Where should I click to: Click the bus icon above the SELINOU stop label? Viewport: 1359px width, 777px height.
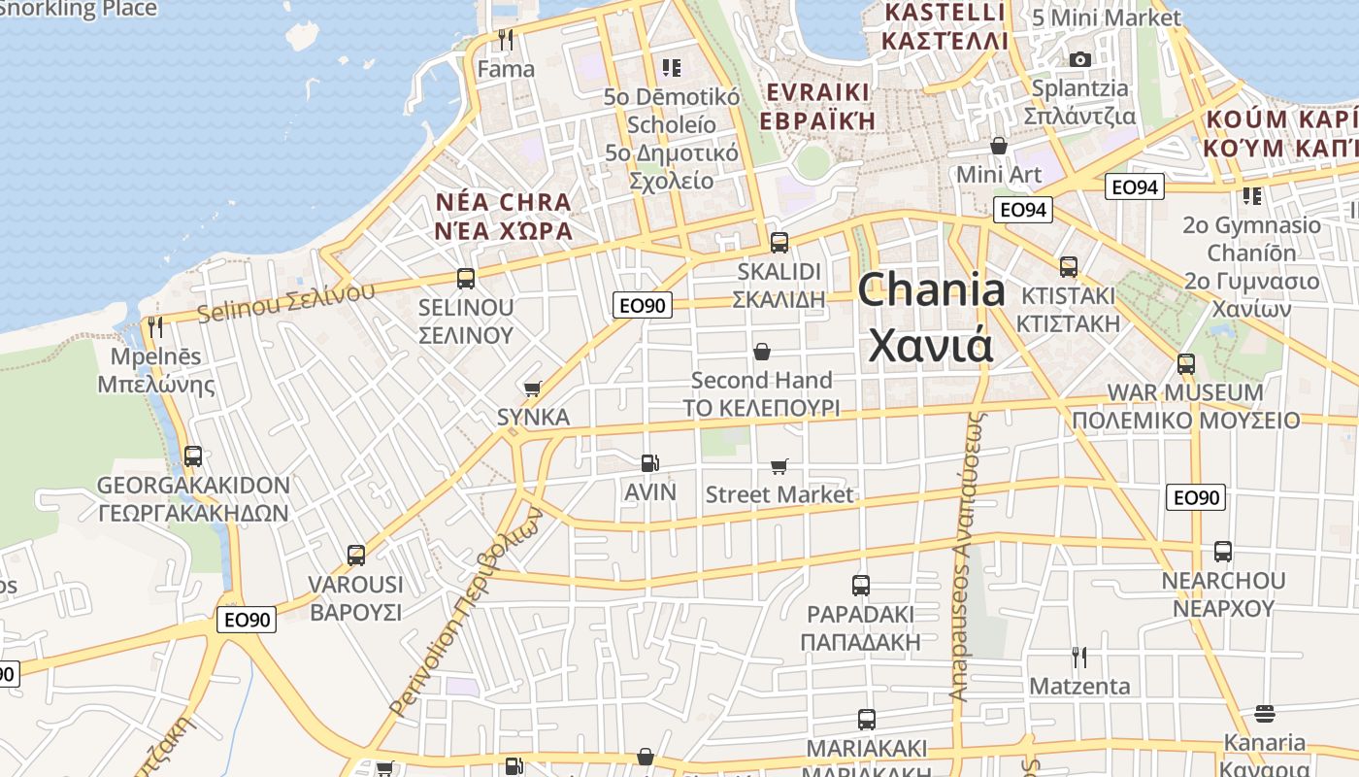pos(466,279)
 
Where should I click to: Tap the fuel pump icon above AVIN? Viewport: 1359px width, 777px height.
pos(649,464)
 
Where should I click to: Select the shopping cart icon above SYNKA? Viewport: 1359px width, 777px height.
pos(532,389)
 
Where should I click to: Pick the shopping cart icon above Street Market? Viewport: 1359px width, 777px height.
pos(779,467)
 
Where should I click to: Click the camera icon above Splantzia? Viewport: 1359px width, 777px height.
pos(1079,59)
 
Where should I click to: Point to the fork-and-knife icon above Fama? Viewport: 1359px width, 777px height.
pos(505,40)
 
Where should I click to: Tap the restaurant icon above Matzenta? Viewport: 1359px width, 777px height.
pos(1078,658)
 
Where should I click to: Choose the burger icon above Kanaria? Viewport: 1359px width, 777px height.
pos(1264,714)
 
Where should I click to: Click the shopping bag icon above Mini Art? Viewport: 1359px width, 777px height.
pos(999,147)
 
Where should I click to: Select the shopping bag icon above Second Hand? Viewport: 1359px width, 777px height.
pos(762,351)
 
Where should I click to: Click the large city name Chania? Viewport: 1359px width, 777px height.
pos(931,291)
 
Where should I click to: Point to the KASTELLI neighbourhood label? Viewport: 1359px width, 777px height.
pos(943,13)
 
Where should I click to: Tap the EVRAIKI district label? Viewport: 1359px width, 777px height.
pos(817,92)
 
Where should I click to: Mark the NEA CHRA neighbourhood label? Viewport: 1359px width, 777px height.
pos(503,203)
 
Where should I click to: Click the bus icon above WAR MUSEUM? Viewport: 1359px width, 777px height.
pos(1186,364)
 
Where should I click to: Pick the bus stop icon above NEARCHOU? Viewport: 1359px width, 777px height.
pos(1223,552)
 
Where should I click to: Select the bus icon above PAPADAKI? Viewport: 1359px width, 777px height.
pos(861,586)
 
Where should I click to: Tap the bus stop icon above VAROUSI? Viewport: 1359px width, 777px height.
pos(356,556)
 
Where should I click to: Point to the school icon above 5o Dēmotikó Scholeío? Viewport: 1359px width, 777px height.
pos(672,68)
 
